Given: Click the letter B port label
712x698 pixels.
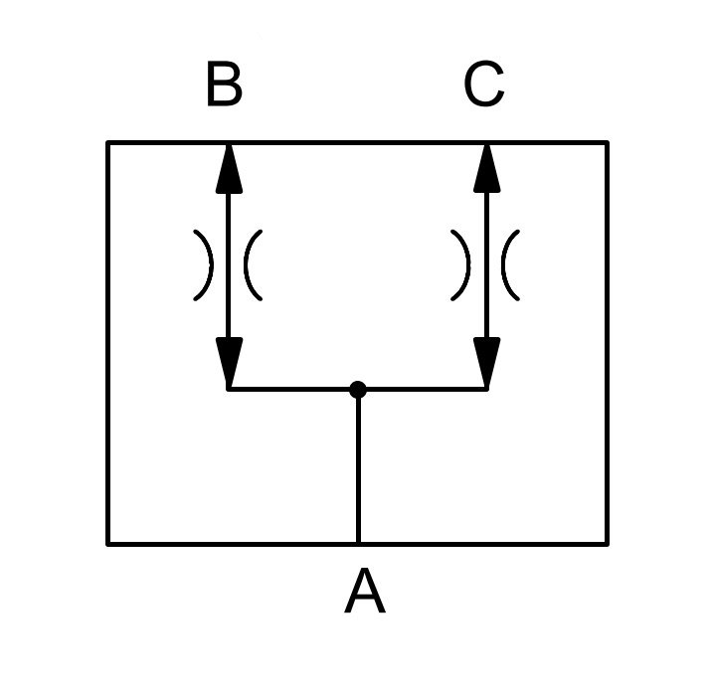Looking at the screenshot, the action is coord(225,84).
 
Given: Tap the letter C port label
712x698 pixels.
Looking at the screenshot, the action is coord(484,84).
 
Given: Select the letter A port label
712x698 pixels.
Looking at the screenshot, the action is coord(365,591).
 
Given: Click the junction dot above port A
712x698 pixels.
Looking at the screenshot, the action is coord(358,390).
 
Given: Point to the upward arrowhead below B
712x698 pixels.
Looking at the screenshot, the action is coord(229,169).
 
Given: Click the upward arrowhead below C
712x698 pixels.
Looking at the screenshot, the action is coord(487,169).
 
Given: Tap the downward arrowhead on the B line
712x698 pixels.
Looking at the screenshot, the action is coord(229,362).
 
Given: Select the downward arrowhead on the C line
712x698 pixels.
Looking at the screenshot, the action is coord(487,362).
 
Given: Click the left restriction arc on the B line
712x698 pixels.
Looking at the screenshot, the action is coord(210,265).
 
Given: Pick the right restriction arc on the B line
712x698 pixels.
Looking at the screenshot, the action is coord(247,265).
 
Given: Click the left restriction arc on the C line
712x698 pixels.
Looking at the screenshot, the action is coord(467,265).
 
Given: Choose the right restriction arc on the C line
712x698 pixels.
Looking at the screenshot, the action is coord(504,265).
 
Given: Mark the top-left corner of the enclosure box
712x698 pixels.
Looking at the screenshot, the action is coord(108,143).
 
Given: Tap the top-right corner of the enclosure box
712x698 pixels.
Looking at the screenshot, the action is coord(607,143).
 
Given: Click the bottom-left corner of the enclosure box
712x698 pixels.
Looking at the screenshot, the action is coord(108,544).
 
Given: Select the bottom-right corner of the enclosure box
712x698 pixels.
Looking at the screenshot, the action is coord(607,544).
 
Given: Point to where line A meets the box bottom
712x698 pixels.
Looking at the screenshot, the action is coord(358,544).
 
